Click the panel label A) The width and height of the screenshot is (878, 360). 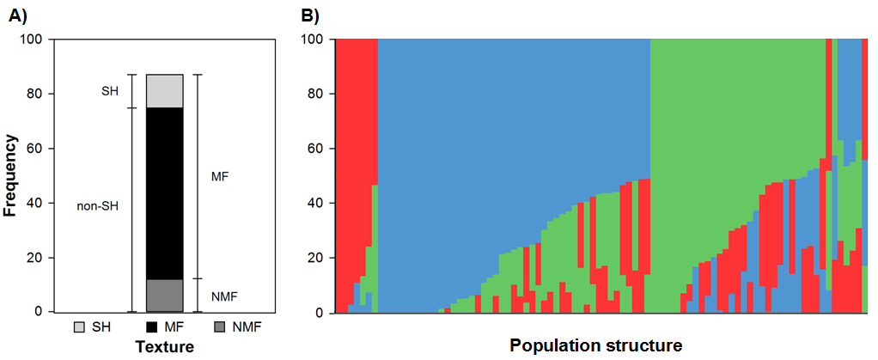coord(18,16)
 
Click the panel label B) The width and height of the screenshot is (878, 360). coord(310,16)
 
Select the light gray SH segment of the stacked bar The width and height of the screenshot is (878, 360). coord(165,91)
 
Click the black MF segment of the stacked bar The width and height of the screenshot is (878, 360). coord(165,193)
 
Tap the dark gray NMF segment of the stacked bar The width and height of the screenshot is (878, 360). coord(165,296)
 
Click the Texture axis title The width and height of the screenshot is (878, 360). coord(165,347)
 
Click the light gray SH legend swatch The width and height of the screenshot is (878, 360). coord(82,326)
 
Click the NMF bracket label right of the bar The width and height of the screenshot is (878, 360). coord(221,294)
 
